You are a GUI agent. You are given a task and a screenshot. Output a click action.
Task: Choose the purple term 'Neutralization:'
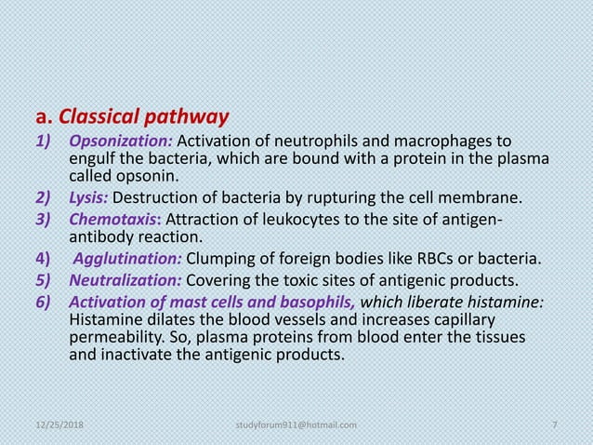click(127, 277)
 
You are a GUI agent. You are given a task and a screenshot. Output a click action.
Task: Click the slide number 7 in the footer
click(554, 425)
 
